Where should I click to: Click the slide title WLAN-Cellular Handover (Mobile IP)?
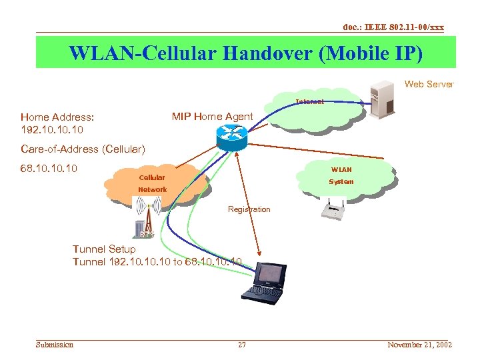pos(245,53)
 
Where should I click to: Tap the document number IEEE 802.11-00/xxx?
pos(393,27)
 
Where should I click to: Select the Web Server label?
pos(429,84)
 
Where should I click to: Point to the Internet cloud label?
pos(310,102)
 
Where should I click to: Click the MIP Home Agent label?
pos(212,117)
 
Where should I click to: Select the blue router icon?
pos(231,137)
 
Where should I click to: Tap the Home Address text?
pos(57,117)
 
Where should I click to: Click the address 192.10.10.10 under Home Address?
pos(52,129)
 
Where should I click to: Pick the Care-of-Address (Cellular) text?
pos(82,148)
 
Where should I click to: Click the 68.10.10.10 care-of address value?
pos(49,169)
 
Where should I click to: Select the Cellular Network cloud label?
pos(152,183)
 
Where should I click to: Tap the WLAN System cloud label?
pos(341,175)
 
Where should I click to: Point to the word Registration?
pos(249,209)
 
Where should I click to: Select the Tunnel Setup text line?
pos(104,249)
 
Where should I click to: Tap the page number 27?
pos(242,345)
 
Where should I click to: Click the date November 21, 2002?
pos(419,345)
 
